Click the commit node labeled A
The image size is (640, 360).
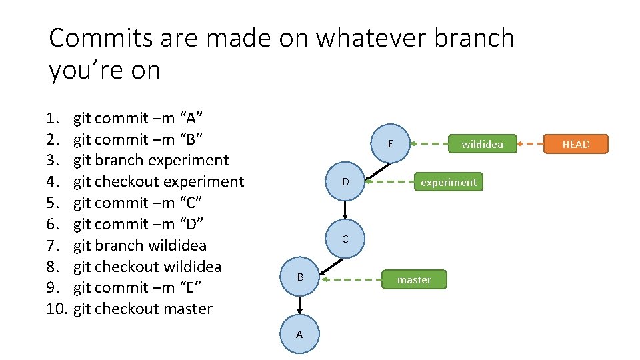click(299, 334)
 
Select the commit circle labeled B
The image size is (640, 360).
click(300, 277)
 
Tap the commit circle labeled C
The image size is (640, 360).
click(345, 239)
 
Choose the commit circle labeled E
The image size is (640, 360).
click(390, 143)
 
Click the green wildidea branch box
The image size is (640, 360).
click(482, 144)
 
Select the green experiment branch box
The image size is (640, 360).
click(449, 182)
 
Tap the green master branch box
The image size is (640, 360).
click(414, 280)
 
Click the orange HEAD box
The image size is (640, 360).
click(576, 144)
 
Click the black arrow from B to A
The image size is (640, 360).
click(300, 305)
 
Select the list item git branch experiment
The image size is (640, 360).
click(151, 160)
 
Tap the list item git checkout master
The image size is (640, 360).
click(143, 309)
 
